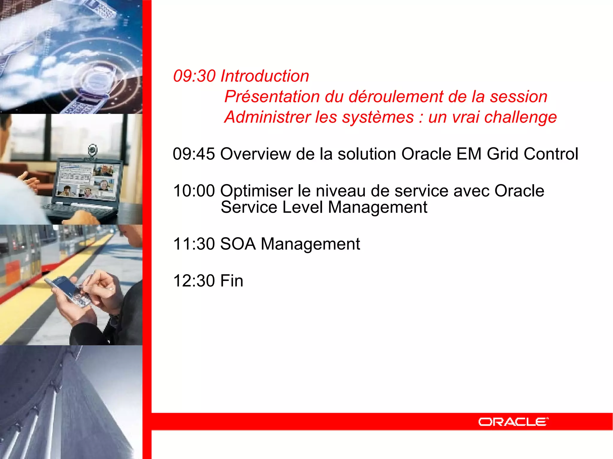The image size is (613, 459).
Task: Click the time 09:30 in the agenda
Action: [194, 76]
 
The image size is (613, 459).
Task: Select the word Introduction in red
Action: [265, 76]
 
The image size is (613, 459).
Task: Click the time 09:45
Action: [194, 154]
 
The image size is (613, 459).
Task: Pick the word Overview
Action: [256, 154]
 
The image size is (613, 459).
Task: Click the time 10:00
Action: [194, 191]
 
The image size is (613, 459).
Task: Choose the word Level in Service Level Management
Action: [302, 207]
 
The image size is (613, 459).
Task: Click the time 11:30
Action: [194, 244]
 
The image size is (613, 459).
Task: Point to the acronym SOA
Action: [238, 244]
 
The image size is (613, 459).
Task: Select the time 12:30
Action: [194, 281]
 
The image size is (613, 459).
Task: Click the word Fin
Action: [231, 281]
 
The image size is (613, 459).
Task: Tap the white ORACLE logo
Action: [513, 422]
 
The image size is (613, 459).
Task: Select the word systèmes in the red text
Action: [378, 117]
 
